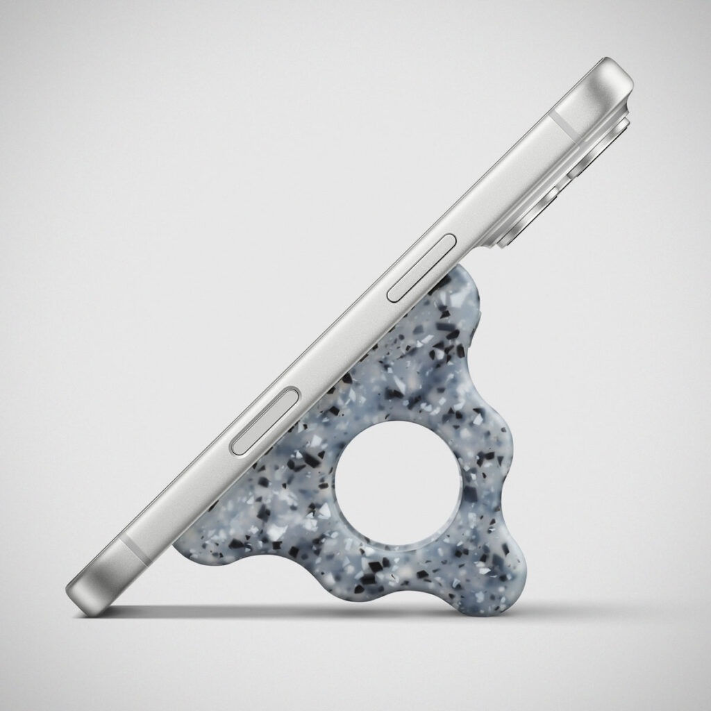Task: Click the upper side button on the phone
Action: click(x=421, y=267)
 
